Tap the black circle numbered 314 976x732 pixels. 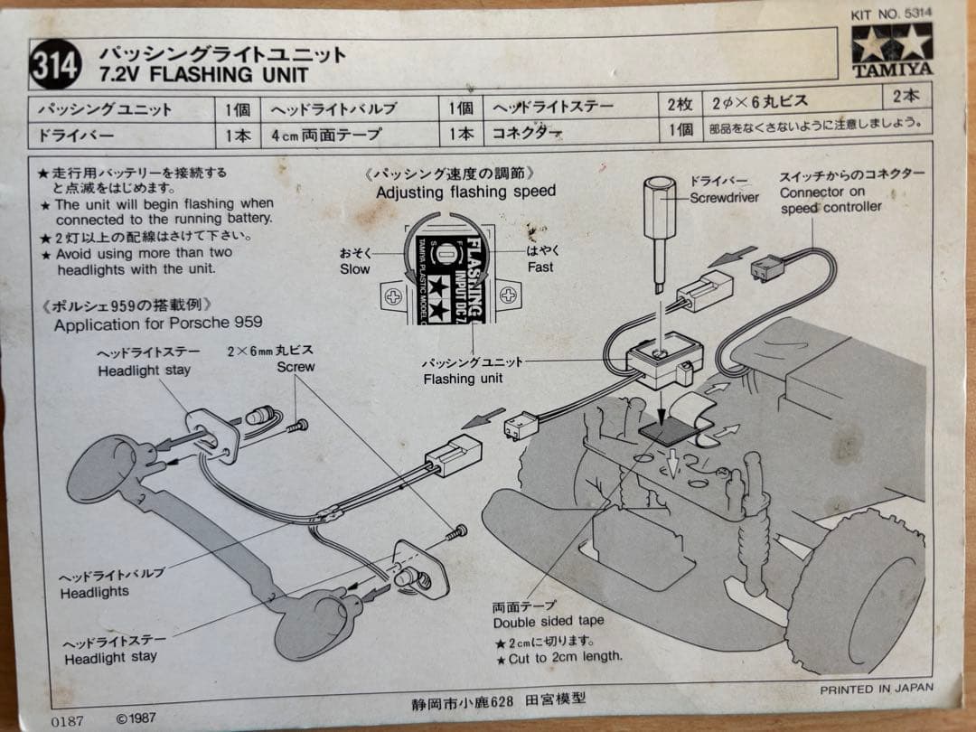coord(56,66)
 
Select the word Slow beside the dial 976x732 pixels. coord(355,268)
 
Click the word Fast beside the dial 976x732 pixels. coord(540,267)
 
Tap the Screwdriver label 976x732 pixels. coord(724,197)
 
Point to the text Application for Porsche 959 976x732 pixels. coord(158,324)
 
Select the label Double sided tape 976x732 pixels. coord(549,622)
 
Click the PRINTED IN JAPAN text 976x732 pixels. coord(877,689)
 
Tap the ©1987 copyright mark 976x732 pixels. coord(136,719)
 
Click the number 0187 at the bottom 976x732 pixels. coord(68,720)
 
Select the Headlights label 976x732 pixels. coord(95,593)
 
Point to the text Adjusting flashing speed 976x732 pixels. coord(465,192)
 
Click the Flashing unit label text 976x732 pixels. coord(462,379)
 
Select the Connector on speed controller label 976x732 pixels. coord(830,199)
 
